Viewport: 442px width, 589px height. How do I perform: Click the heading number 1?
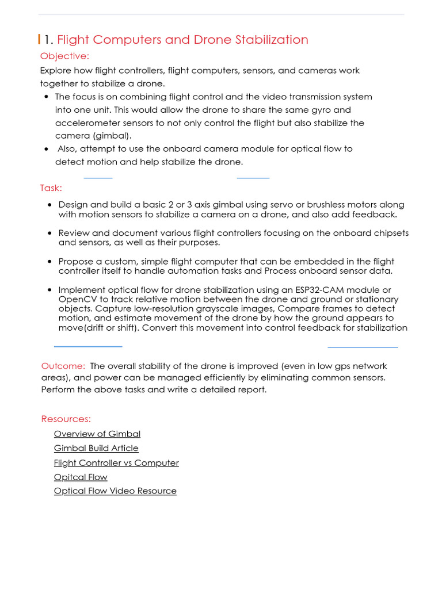[48, 40]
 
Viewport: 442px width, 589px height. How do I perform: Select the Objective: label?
[64, 56]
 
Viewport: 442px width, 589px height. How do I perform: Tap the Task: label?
[51, 188]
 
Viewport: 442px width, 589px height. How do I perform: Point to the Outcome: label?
[63, 366]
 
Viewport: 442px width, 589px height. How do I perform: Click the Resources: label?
[66, 419]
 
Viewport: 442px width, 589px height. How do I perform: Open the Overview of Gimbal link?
[97, 434]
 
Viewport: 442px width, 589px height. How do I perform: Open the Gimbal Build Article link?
[96, 448]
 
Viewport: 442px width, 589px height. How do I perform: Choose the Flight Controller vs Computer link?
[116, 463]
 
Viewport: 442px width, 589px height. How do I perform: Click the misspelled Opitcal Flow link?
[81, 477]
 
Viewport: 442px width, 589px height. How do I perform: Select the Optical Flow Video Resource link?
[115, 491]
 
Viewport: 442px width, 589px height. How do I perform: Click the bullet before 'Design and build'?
[51, 205]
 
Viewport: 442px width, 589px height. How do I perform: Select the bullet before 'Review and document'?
[51, 234]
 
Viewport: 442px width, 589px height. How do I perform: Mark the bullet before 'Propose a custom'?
[51, 262]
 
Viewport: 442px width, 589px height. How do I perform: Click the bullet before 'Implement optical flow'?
[51, 290]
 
